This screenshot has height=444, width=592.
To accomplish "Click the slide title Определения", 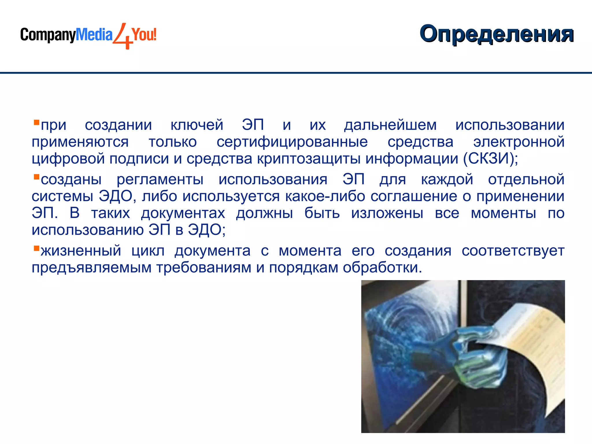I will coord(496,34).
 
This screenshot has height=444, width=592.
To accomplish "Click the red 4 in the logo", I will coord(123,37).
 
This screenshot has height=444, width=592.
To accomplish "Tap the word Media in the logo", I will coord(94,35).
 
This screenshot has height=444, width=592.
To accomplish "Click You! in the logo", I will coord(144,35).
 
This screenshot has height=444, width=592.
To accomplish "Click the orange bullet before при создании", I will coord(36,122).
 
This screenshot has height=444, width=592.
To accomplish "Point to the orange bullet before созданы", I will coord(36,177).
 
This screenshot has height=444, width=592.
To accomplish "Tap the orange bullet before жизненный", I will coord(36,248).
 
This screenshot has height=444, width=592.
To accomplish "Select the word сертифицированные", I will coord(292,142).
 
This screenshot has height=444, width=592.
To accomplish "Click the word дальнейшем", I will coord(390,125).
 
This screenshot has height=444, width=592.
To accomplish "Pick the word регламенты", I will coord(160,180).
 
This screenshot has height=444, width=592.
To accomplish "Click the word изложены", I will coord(387,213).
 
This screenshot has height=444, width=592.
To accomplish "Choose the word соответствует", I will coord(513,251).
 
